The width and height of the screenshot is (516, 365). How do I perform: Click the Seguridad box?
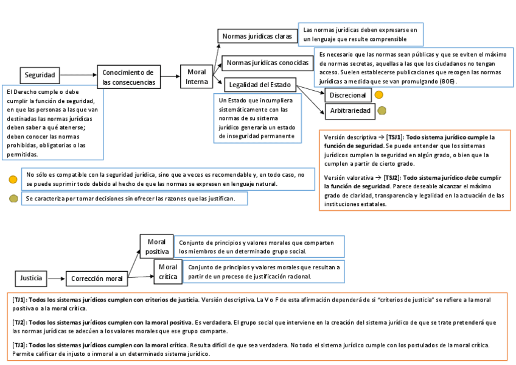(40, 76)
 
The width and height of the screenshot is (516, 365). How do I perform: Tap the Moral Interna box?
(197, 77)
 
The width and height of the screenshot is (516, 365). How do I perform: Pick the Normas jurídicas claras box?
(257, 37)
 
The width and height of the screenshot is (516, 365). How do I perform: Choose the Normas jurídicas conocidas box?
(267, 63)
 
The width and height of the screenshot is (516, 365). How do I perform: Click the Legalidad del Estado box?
(260, 85)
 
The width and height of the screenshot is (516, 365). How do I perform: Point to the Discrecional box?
(347, 96)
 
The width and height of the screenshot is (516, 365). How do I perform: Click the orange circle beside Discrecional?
(378, 95)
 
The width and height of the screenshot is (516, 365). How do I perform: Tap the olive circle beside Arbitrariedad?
(382, 111)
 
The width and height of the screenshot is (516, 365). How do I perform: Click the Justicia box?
(31, 278)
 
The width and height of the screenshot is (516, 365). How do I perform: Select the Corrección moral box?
(97, 279)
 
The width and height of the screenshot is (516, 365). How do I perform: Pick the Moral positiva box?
(157, 247)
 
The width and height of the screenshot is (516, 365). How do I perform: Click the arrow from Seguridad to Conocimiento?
(78, 76)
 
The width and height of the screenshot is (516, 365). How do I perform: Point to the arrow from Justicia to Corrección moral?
(56, 279)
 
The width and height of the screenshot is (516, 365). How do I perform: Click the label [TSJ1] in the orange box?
(394, 138)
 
